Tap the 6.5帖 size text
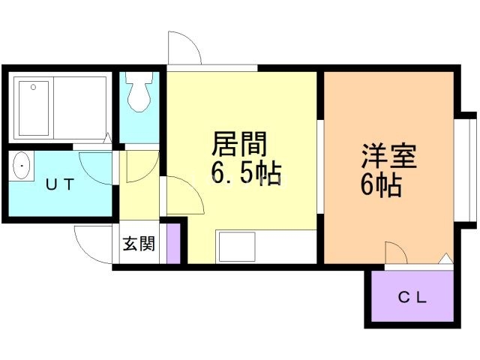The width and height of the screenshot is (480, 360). [x=246, y=174]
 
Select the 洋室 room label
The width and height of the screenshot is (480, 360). [x=388, y=158]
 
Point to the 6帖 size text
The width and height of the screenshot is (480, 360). [x=380, y=184]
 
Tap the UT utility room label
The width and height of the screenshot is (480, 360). [x=59, y=184]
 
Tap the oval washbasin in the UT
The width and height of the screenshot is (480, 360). [x=22, y=165]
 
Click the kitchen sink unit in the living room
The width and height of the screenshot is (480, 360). [x=238, y=246]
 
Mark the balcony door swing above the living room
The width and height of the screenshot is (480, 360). [x=184, y=49]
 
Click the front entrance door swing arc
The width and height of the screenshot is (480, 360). [x=91, y=244]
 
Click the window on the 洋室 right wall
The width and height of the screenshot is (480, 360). [x=466, y=169]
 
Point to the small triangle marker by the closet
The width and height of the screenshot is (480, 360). [x=445, y=259]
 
